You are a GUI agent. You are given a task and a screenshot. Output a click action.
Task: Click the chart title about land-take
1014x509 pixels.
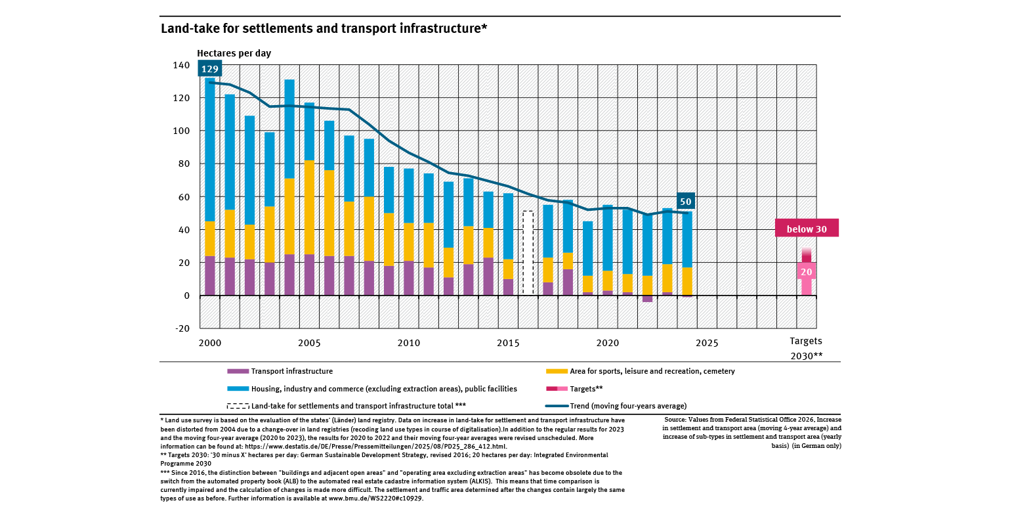(x=324, y=29)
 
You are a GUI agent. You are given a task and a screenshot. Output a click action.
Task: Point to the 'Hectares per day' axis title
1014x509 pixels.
(x=234, y=53)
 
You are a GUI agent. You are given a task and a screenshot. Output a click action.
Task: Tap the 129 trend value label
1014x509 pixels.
(x=209, y=69)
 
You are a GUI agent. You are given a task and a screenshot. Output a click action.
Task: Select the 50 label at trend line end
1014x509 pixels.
(x=686, y=202)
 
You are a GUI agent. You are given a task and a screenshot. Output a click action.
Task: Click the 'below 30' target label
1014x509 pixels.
(x=807, y=229)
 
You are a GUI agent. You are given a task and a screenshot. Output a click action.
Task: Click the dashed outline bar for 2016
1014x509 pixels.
(x=528, y=253)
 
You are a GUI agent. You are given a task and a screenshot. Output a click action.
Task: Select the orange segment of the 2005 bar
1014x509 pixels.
(x=309, y=207)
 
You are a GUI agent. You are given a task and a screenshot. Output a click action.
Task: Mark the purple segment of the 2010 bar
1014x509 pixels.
(x=408, y=278)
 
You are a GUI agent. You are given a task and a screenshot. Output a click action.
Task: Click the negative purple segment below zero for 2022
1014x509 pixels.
(x=647, y=299)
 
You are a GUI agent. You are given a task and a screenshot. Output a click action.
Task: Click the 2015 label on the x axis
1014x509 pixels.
(x=508, y=343)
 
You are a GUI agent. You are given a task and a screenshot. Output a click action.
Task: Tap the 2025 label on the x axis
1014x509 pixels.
(x=706, y=343)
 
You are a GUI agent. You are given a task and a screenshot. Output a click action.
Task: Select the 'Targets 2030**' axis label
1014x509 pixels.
(x=806, y=348)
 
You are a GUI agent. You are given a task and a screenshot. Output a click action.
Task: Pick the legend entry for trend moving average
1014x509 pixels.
(x=628, y=406)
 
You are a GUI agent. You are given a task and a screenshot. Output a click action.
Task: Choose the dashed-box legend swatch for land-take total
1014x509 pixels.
(x=238, y=406)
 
